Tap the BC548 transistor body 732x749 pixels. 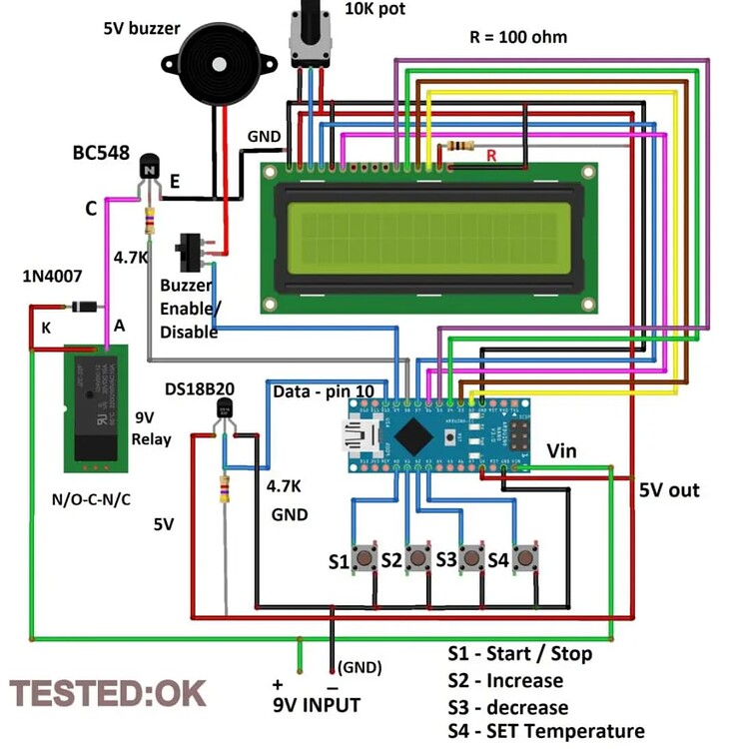149,169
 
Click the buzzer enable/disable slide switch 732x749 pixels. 190,254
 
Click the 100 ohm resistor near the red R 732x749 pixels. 461,146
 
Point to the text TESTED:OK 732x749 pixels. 108,692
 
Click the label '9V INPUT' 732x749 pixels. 317,705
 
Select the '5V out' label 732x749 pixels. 670,490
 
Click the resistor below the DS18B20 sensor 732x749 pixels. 224,489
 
